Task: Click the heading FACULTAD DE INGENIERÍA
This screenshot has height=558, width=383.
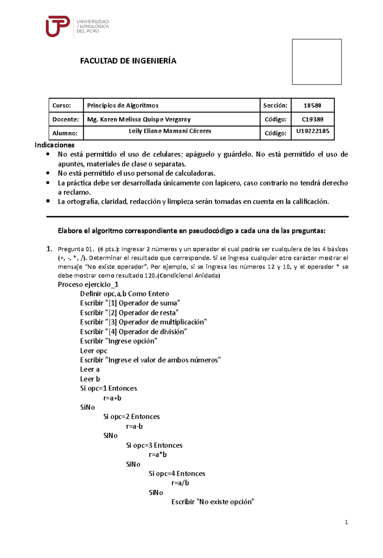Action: pos(128,61)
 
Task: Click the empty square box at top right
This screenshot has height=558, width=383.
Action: pos(317,62)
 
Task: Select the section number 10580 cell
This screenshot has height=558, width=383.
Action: pos(312,105)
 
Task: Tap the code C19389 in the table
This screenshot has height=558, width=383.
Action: pos(312,119)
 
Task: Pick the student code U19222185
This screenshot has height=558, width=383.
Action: pos(312,131)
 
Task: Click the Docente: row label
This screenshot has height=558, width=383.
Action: pos(65,119)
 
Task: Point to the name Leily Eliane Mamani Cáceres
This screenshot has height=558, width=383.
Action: pos(170,131)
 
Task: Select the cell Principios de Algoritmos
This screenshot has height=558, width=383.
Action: pos(123,105)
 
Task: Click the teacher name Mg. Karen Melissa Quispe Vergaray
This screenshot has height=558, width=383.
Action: pos(139,119)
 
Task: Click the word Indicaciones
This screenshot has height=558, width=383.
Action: pos(54,145)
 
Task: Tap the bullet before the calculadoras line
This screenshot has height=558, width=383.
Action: pos(48,173)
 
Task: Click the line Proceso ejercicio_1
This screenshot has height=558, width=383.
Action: pos(88,284)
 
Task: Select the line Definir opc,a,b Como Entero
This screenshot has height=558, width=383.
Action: pos(124,294)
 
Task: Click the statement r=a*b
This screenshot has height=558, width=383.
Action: pos(158,455)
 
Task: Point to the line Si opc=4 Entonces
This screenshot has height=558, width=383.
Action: pos(177,473)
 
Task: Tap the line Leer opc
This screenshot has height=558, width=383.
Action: pos(94,351)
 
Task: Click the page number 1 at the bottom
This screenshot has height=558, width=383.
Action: pos(346,522)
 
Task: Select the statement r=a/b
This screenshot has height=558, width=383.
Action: pos(180,483)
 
